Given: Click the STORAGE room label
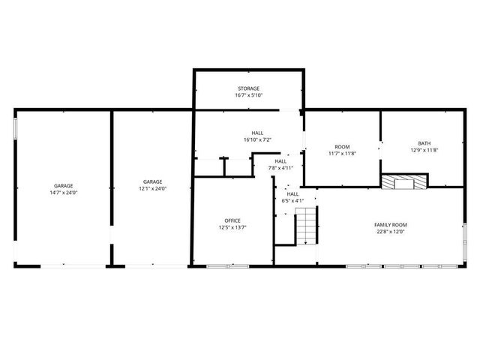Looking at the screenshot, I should pyautogui.click(x=249, y=88).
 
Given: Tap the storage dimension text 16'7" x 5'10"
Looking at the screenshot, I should pyautogui.click(x=249, y=96).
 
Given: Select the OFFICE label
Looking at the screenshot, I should pyautogui.click(x=232, y=220).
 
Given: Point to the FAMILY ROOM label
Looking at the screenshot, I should pyautogui.click(x=390, y=225).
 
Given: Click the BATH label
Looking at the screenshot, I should pyautogui.click(x=424, y=143).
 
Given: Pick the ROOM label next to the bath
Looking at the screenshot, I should pyautogui.click(x=342, y=146).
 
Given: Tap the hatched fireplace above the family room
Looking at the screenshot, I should pyautogui.click(x=403, y=181).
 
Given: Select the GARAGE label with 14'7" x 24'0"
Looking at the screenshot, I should pyautogui.click(x=63, y=185).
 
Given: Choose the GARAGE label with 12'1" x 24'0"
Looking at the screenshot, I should pyautogui.click(x=153, y=181).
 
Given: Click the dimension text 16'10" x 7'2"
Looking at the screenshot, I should pyautogui.click(x=257, y=140).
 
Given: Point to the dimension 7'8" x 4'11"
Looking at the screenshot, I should pyautogui.click(x=280, y=168).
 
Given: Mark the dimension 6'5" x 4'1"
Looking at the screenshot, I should pyautogui.click(x=292, y=200).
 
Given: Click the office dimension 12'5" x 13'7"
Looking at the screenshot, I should pyautogui.click(x=232, y=227).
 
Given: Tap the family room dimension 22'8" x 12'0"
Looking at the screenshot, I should pyautogui.click(x=390, y=232).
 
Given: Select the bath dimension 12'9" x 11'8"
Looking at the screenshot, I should pyautogui.click(x=424, y=150).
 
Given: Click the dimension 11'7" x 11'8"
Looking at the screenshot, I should pyautogui.click(x=342, y=153).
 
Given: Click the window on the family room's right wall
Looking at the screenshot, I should pyautogui.click(x=464, y=240).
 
